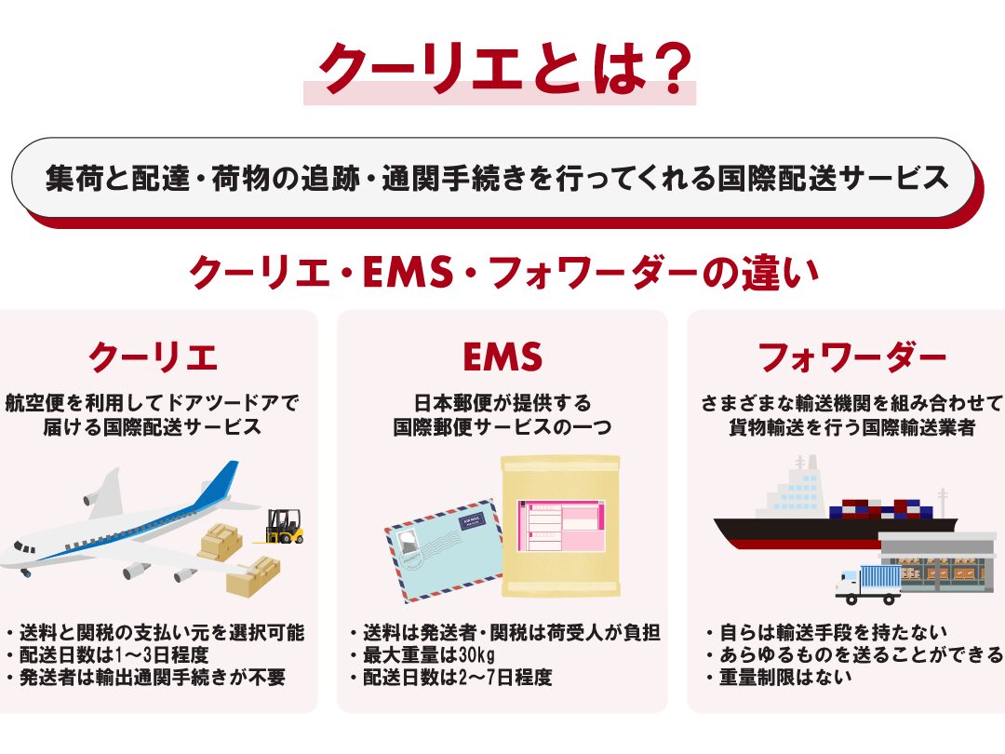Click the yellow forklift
(284, 526)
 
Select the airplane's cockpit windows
(24, 547)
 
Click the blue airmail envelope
(444, 549)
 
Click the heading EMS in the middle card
(502, 357)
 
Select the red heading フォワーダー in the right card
(852, 357)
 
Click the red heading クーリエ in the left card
(154, 357)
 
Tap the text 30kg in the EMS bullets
(476, 654)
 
